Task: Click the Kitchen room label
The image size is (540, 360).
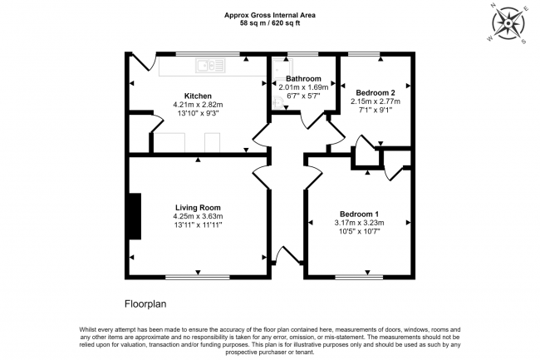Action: (x=198, y=96)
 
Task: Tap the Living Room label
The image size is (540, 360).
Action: (x=198, y=207)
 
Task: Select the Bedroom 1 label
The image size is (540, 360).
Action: (x=359, y=214)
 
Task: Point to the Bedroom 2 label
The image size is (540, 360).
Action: (x=376, y=92)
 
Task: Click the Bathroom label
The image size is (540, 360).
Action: (x=303, y=78)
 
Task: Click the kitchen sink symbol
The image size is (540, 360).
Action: (x=210, y=66)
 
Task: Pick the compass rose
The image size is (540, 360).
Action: (x=508, y=23)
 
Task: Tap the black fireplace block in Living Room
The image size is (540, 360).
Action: (x=135, y=216)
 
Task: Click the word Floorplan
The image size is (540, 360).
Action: (x=145, y=303)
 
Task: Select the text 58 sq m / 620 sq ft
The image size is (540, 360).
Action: (x=270, y=23)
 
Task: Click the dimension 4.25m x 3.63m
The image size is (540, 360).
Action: (x=198, y=216)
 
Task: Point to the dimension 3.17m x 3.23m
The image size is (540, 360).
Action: (x=359, y=223)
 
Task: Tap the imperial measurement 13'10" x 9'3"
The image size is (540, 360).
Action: (x=198, y=113)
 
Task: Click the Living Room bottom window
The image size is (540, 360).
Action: (x=198, y=277)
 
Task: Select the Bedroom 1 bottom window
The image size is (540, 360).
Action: (x=359, y=277)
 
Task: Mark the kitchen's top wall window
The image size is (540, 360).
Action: (x=208, y=54)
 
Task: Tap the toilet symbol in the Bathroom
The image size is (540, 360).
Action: (x=278, y=102)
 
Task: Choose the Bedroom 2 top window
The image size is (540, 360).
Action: (x=364, y=54)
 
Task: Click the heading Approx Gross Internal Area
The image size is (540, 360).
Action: (x=270, y=15)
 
